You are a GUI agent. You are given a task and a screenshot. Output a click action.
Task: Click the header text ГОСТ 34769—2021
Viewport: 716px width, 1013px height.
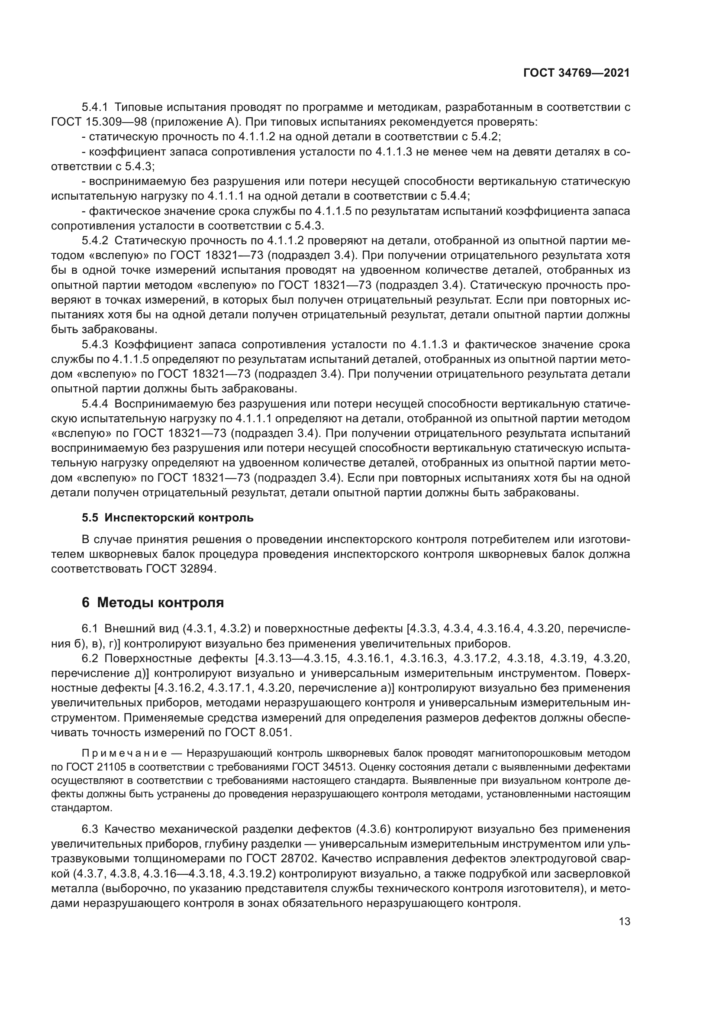pyautogui.click(x=576, y=73)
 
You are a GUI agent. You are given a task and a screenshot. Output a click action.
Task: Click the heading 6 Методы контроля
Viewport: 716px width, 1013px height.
pyautogui.click(x=152, y=603)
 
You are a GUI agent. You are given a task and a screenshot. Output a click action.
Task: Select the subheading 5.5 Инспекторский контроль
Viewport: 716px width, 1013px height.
pyautogui.click(x=168, y=518)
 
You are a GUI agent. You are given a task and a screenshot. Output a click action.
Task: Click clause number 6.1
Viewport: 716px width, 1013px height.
pyautogui.click(x=91, y=629)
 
